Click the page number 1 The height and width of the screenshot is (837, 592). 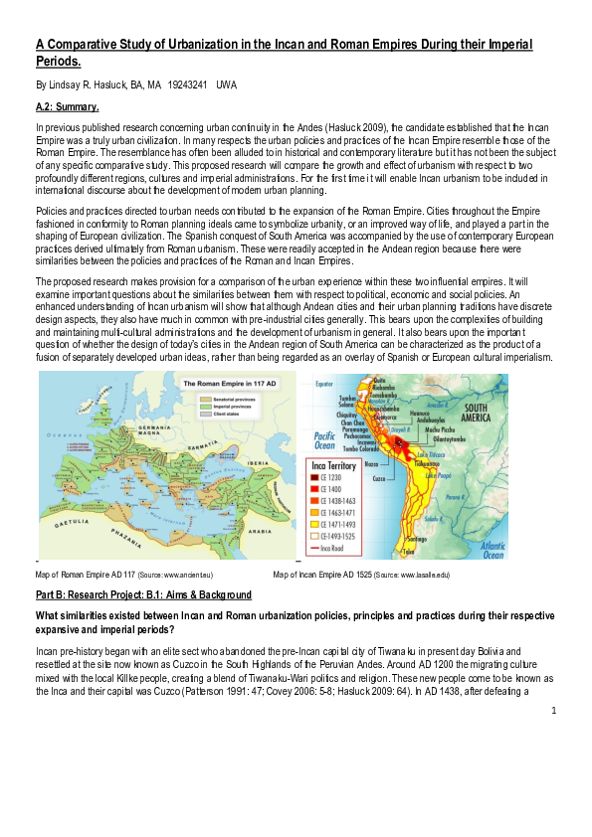(x=553, y=709)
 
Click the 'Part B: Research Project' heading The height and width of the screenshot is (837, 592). (x=143, y=594)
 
